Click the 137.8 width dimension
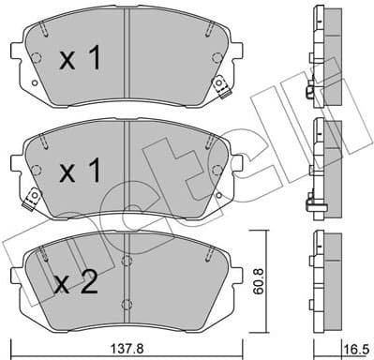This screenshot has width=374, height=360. point(127,346)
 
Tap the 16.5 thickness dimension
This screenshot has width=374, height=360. point(357,346)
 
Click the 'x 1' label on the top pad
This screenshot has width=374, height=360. point(80,59)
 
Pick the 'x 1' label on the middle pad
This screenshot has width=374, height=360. point(80,172)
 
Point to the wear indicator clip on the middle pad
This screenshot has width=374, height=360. point(31,197)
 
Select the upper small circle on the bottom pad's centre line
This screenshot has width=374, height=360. point(127,261)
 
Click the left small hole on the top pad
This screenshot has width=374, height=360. point(37,58)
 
